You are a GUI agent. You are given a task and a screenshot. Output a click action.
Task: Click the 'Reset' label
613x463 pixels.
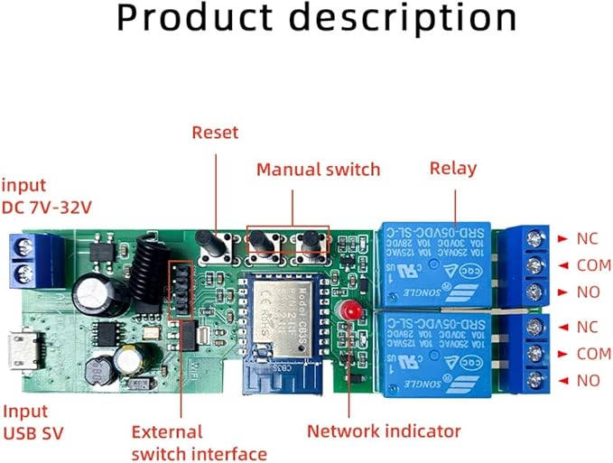tap(215, 133)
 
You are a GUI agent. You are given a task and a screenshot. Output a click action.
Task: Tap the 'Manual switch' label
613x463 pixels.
tap(318, 169)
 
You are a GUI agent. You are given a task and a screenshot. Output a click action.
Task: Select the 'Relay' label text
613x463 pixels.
tap(453, 168)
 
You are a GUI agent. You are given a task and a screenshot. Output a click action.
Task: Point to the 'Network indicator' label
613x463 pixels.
tap(384, 431)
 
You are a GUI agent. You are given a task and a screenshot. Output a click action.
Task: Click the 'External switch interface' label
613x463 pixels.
tap(199, 442)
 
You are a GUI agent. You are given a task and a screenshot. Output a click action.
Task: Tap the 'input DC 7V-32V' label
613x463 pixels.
tap(45, 196)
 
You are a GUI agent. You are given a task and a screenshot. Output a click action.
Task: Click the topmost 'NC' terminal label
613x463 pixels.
tap(587, 239)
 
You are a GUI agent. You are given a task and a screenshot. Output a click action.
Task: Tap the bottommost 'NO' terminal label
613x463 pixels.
tap(587, 381)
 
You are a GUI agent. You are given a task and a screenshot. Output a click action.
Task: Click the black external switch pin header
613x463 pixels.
tap(182, 291)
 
